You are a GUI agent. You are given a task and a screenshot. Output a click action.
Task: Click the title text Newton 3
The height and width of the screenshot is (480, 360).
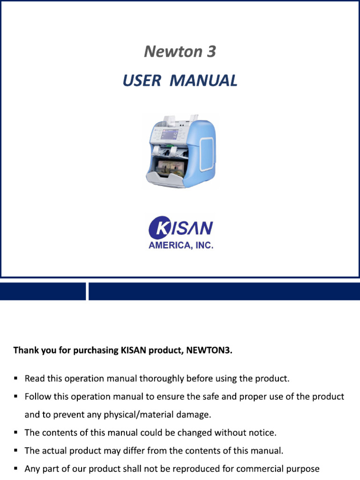(x=180, y=52)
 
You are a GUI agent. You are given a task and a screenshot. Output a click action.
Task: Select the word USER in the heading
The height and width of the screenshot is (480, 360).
(x=142, y=81)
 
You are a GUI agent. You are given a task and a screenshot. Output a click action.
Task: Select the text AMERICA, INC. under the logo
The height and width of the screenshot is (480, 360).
(x=181, y=246)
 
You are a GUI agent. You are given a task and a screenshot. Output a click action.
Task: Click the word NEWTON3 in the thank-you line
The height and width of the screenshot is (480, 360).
(x=213, y=350)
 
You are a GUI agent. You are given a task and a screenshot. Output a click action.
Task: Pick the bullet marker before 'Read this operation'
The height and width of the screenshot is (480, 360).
(x=16, y=378)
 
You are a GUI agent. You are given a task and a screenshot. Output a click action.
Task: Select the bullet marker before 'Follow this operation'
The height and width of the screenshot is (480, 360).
(x=16, y=397)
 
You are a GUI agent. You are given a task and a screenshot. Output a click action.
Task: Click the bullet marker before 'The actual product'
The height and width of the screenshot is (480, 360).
(x=16, y=451)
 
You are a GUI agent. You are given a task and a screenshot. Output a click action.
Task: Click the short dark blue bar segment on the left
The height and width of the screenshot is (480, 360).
(x=43, y=291)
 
